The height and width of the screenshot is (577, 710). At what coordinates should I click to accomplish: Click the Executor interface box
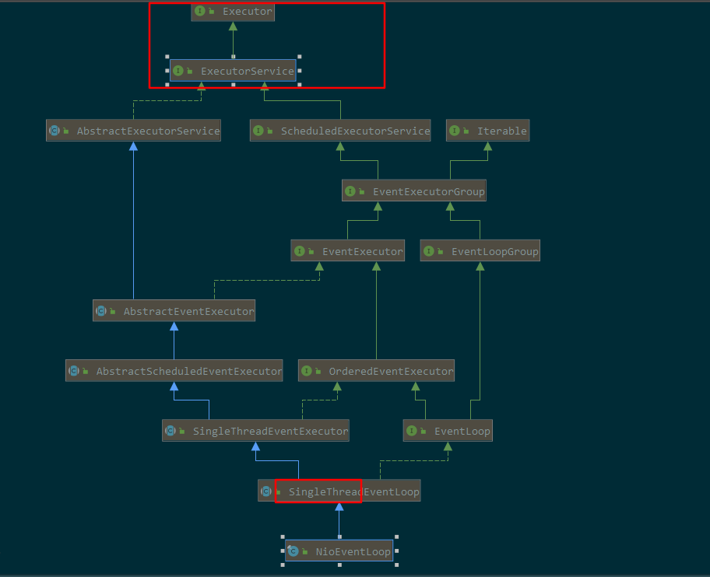pyautogui.click(x=233, y=12)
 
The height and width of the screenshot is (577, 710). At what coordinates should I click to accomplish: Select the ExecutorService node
pyautogui.click(x=233, y=71)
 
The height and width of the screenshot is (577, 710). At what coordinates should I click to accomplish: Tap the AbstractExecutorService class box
pyautogui.click(x=134, y=131)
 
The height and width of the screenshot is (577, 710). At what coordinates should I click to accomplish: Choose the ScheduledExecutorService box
pyautogui.click(x=340, y=131)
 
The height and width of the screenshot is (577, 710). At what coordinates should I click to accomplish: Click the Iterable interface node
pyautogui.click(x=487, y=131)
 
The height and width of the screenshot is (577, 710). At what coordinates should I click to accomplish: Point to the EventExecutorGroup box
pyautogui.click(x=414, y=191)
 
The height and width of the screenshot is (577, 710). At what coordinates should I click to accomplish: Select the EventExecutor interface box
pyautogui.click(x=348, y=251)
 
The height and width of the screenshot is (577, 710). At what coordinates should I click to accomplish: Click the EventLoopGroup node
pyautogui.click(x=480, y=251)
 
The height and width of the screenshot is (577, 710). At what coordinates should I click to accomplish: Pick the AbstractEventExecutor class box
pyautogui.click(x=174, y=310)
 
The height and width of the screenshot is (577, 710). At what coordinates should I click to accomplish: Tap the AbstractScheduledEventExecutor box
pyautogui.click(x=174, y=371)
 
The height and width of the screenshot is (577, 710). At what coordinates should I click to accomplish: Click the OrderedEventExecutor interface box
pyautogui.click(x=376, y=371)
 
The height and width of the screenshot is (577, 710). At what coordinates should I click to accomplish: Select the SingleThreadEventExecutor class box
pyautogui.click(x=256, y=431)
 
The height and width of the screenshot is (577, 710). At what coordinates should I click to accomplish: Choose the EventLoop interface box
pyautogui.click(x=448, y=431)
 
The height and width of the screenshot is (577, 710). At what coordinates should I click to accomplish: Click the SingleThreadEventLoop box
pyautogui.click(x=339, y=491)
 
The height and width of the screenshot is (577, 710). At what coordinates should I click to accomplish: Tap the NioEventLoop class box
pyautogui.click(x=339, y=551)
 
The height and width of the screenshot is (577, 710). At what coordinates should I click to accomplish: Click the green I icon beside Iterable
pyautogui.click(x=454, y=131)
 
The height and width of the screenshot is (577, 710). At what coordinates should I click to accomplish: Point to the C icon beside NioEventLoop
pyautogui.click(x=293, y=551)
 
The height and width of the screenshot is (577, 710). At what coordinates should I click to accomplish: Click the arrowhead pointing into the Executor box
pyautogui.click(x=233, y=26)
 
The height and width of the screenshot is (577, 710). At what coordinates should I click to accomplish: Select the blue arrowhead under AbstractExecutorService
pyautogui.click(x=134, y=146)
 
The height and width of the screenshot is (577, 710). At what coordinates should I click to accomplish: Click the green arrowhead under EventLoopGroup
pyautogui.click(x=480, y=267)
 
